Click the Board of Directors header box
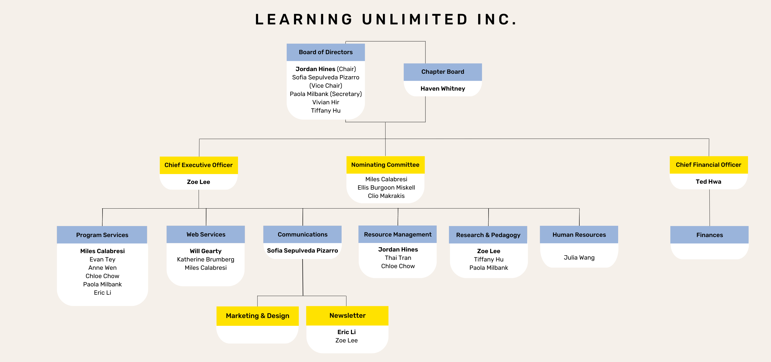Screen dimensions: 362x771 [x=326, y=52]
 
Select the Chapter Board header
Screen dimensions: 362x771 [x=443, y=72]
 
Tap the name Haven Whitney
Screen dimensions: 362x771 [x=443, y=89]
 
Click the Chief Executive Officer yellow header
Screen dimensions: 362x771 [x=198, y=165]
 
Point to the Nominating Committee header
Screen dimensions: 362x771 [x=385, y=165]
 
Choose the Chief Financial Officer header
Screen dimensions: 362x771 [x=708, y=165]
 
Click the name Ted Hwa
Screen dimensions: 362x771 [x=708, y=182]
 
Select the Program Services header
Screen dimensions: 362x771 [x=102, y=235]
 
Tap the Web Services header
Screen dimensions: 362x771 [x=206, y=235]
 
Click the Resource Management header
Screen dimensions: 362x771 [x=398, y=235]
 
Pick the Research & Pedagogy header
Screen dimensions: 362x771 [x=488, y=235]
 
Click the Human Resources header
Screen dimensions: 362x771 [x=579, y=235]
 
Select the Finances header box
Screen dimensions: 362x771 [x=709, y=235]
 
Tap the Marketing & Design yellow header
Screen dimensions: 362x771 [x=257, y=316]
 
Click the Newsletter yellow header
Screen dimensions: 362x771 [x=347, y=316]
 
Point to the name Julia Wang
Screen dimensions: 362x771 [x=579, y=258]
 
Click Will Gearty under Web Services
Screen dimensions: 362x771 [x=206, y=251]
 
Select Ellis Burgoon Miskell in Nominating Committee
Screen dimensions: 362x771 [x=386, y=188]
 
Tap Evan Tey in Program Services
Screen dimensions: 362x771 [x=102, y=260]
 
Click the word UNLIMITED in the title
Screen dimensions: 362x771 [x=415, y=20]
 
